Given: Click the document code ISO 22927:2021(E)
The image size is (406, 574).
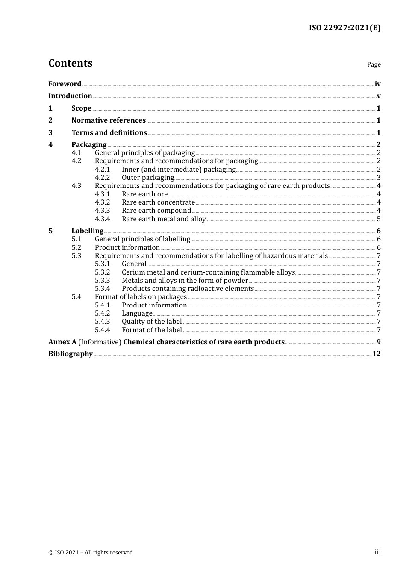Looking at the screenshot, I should [344, 28].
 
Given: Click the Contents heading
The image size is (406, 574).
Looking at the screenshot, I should [70, 63].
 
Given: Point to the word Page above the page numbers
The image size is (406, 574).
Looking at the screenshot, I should [374, 64].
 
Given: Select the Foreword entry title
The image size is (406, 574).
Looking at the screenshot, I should [65, 84].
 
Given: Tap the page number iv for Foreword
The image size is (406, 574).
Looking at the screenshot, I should [377, 84].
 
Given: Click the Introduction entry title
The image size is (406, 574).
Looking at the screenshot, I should [70, 96].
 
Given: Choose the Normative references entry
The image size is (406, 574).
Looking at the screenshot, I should [109, 120].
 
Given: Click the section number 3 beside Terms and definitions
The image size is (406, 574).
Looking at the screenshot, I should [50, 133].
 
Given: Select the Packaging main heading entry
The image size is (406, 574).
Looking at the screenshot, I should [89, 145].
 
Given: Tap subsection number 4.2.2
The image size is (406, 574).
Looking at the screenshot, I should [102, 178].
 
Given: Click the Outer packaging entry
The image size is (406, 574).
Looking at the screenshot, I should [148, 178].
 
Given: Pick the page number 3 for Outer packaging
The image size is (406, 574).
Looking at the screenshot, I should [379, 178].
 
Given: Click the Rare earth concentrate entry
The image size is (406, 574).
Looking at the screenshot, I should [158, 202].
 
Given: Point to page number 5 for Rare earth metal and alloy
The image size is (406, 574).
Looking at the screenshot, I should [379, 219].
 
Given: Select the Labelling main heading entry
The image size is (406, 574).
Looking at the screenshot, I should [87, 231].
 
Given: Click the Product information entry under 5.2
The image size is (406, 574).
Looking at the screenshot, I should [127, 248].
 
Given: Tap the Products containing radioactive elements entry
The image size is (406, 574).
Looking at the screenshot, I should [188, 289].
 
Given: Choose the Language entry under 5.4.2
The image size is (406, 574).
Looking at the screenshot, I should [137, 313].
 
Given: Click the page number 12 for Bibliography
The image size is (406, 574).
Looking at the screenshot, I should [376, 354].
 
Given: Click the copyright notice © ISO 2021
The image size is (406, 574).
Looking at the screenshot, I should [91, 553].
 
